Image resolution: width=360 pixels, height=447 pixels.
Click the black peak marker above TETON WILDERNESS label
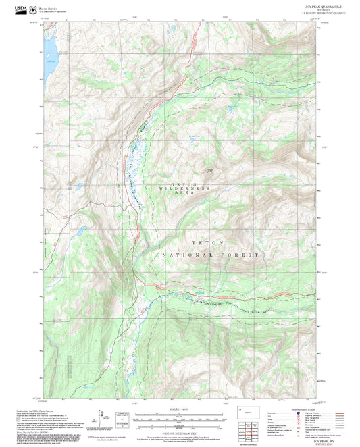pos(210,170)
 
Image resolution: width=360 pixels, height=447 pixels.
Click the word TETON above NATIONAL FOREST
pos(207,242)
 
